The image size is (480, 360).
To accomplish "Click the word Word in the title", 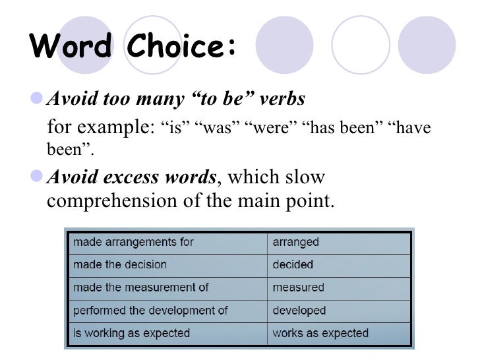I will point(72,47).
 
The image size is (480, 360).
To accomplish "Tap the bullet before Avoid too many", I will point(38,99).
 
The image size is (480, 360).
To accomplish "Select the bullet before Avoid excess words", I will point(38,177).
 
